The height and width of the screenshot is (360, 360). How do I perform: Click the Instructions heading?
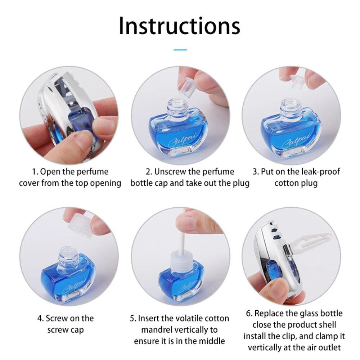179,26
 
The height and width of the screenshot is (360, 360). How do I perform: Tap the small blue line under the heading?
180,49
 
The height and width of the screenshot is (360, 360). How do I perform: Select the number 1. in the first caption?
35,172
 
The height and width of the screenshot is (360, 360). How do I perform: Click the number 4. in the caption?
41,319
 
